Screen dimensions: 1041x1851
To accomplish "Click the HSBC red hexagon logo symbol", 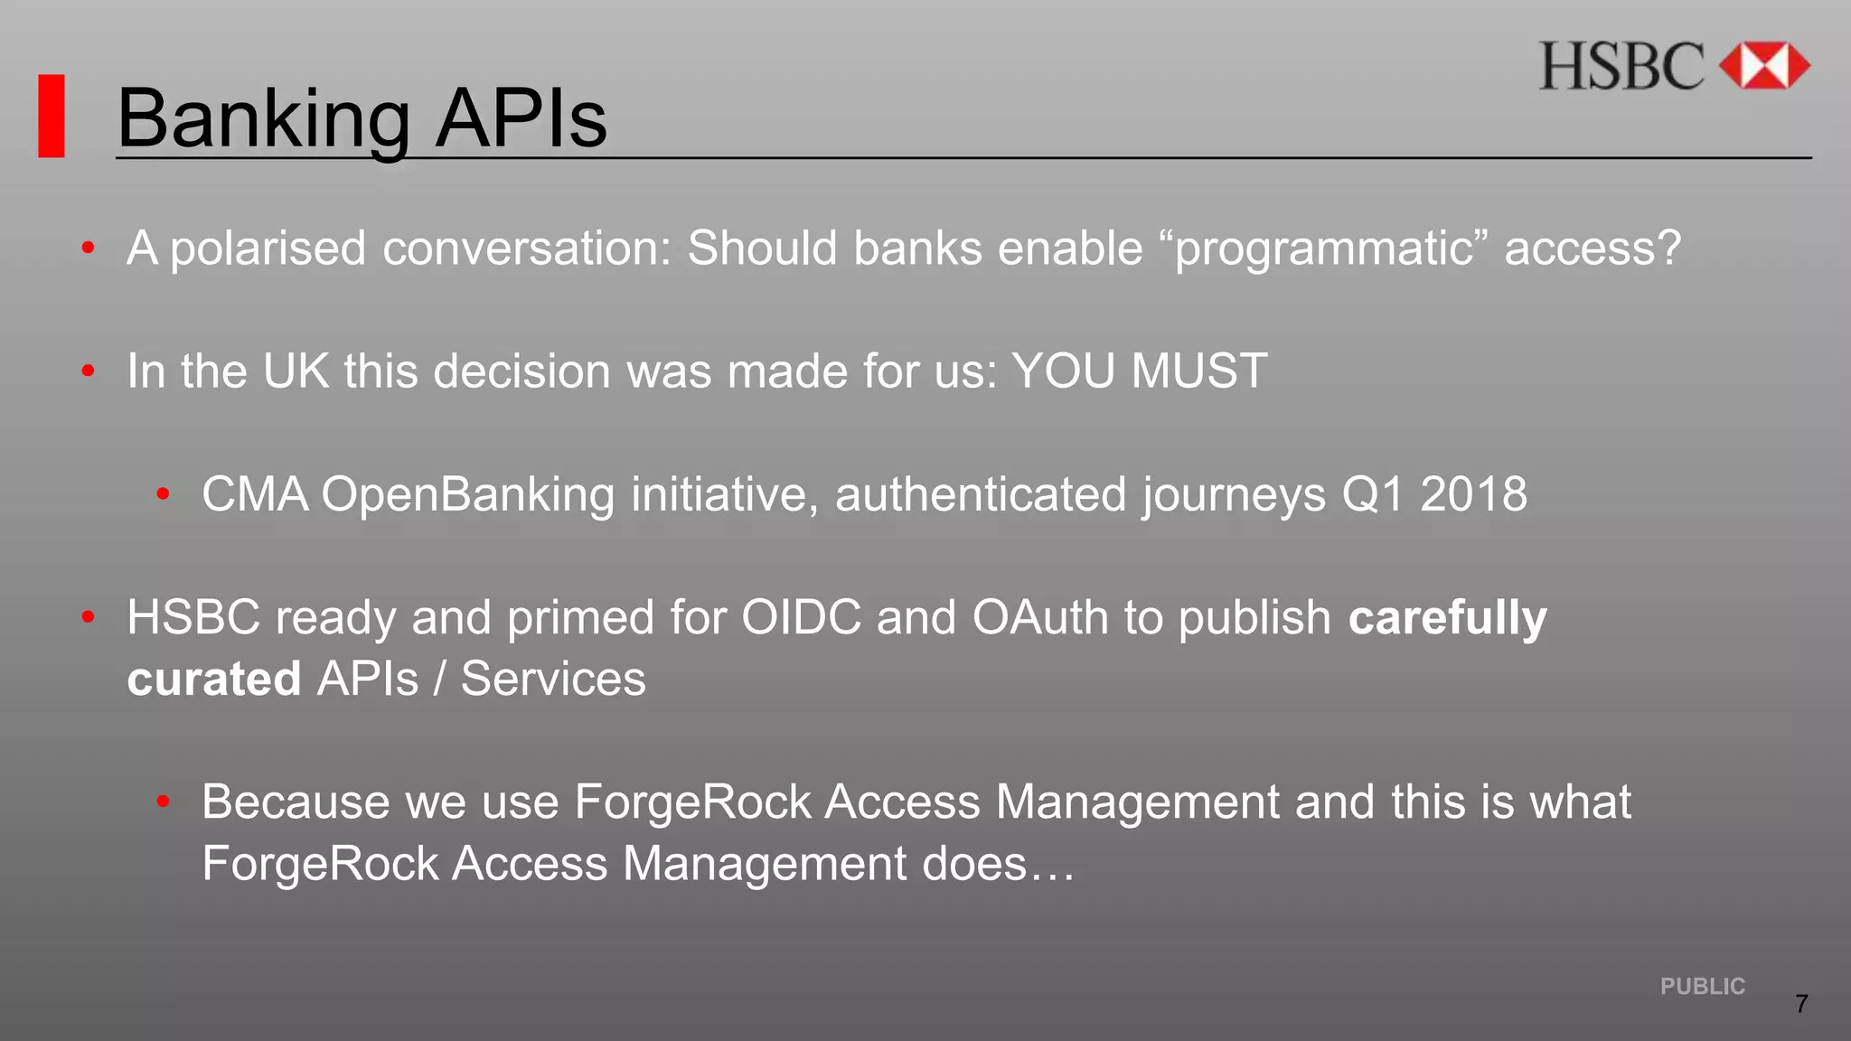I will click(1763, 66).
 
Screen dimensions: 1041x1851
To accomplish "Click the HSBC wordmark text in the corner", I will click(1621, 67).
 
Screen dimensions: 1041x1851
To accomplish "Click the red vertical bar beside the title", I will click(52, 116).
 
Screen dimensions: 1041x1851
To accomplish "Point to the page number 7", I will click(1801, 1004).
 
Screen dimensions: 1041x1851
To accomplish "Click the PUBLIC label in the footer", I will click(1702, 986).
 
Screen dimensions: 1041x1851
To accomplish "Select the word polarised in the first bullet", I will click(268, 249).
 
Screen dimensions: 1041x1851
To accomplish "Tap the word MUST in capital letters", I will click(1198, 370).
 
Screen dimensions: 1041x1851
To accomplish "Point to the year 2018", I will click(1472, 494).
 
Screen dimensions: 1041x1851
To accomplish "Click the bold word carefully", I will click(1447, 619).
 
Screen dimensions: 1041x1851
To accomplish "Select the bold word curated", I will click(213, 679).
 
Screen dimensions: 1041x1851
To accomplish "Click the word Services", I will click(553, 679).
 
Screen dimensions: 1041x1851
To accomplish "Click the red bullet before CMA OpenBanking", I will click(164, 493).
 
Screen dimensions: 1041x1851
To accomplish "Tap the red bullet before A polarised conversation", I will click(88, 248).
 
